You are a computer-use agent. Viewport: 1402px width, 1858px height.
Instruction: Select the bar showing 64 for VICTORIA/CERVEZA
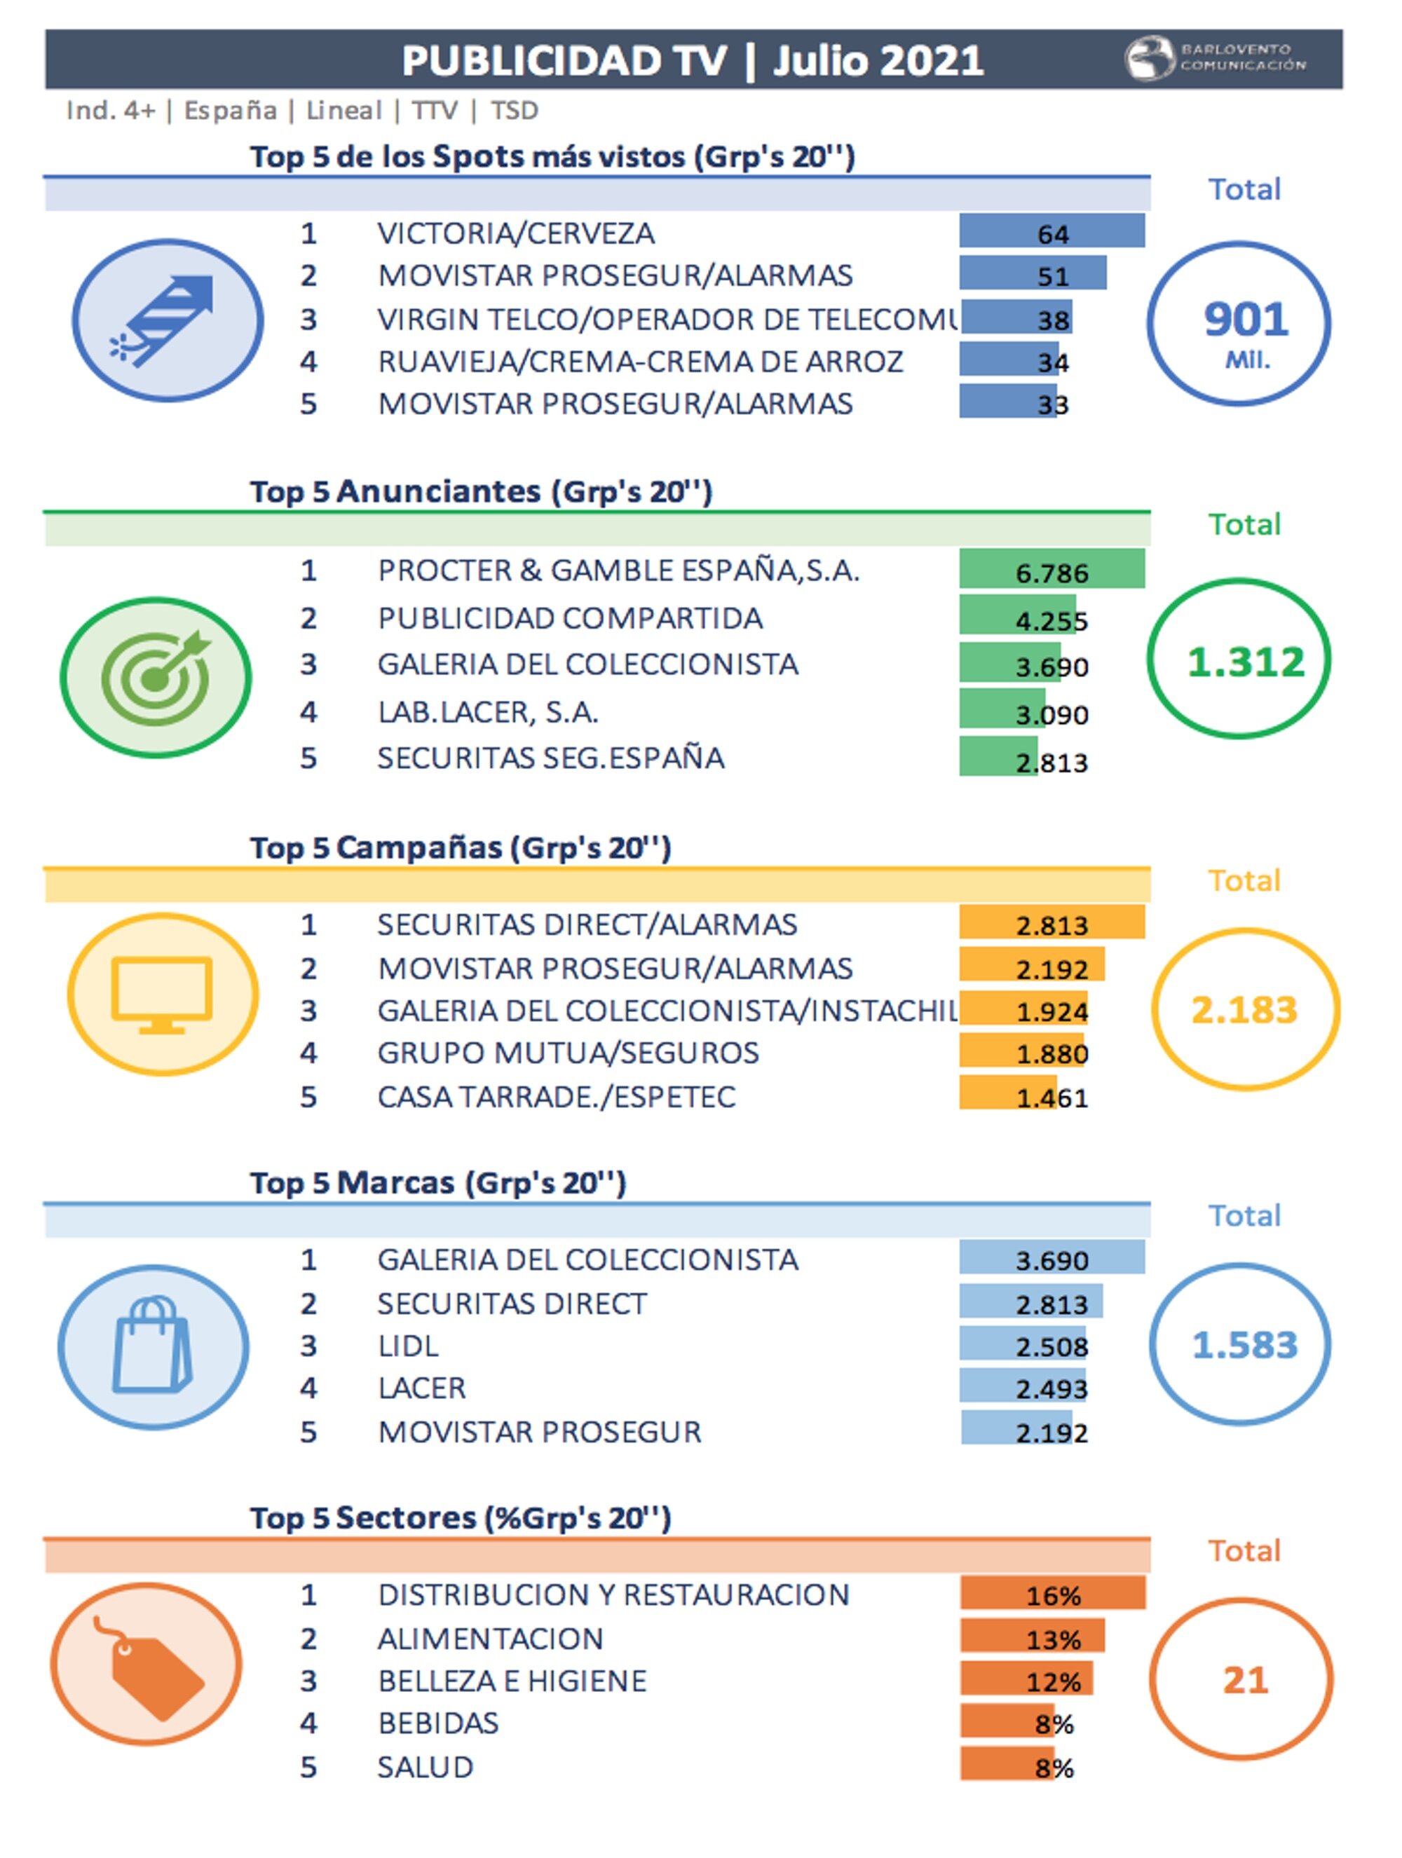(x=1051, y=232)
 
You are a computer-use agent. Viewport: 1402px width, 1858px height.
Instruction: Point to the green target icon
(x=156, y=676)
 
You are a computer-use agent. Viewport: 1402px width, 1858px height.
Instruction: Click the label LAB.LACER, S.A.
(x=487, y=712)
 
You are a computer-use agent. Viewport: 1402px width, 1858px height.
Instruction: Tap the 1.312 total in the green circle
(x=1244, y=662)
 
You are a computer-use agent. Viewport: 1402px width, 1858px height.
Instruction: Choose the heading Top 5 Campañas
(x=461, y=847)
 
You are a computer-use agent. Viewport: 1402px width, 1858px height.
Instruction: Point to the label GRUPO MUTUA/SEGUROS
(x=568, y=1053)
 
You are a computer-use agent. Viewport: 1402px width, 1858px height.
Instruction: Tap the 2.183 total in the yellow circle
(x=1244, y=1009)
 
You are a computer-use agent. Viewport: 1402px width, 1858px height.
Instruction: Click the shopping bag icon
(x=153, y=1346)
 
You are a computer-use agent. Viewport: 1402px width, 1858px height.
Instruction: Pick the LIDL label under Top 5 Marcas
(x=408, y=1346)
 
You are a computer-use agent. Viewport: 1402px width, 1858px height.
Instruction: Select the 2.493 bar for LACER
(x=1022, y=1388)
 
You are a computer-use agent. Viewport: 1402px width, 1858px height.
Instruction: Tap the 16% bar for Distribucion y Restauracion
(x=1051, y=1593)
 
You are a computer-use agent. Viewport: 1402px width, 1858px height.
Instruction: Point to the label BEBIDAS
(x=437, y=1723)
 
